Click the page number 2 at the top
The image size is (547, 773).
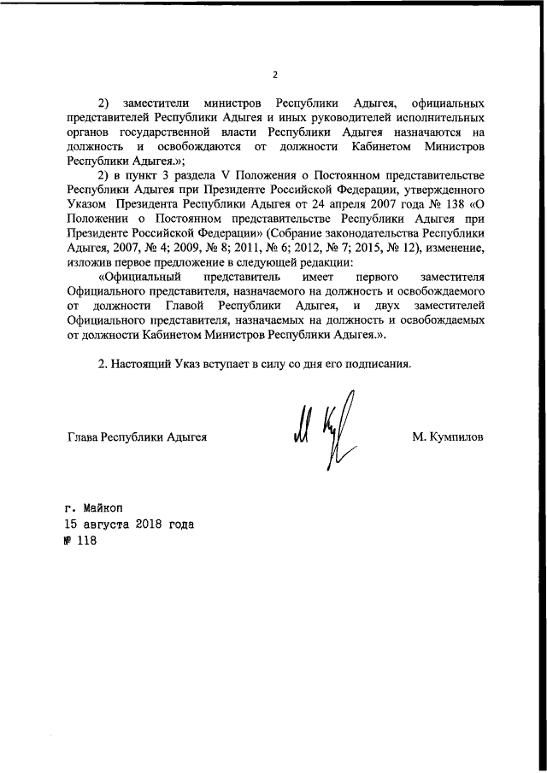(x=274, y=74)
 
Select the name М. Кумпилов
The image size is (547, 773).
(x=447, y=436)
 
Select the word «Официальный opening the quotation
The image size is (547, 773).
(x=138, y=277)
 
